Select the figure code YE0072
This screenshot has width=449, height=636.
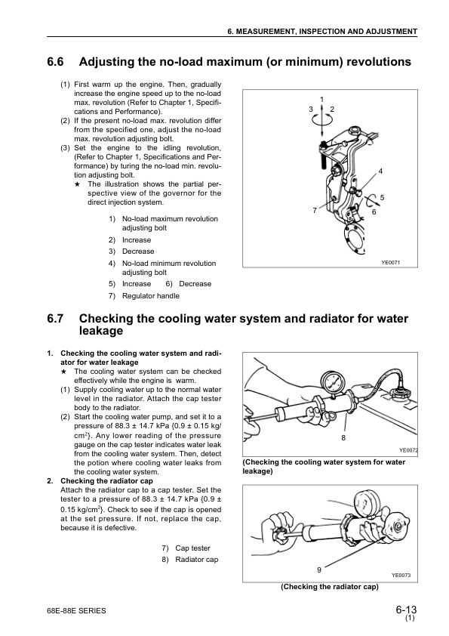(x=408, y=449)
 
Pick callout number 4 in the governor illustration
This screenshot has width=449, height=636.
(x=380, y=171)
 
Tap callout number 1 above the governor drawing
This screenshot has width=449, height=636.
(x=322, y=100)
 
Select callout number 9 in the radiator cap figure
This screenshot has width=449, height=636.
(x=319, y=569)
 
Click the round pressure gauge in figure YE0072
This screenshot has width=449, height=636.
(x=329, y=381)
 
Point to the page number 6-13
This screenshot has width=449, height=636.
(x=405, y=610)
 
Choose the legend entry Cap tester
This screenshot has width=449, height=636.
(x=192, y=548)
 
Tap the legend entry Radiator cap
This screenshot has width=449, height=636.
(x=196, y=560)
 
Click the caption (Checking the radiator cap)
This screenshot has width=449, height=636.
(x=329, y=586)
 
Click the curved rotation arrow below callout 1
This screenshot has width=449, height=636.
(x=322, y=119)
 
